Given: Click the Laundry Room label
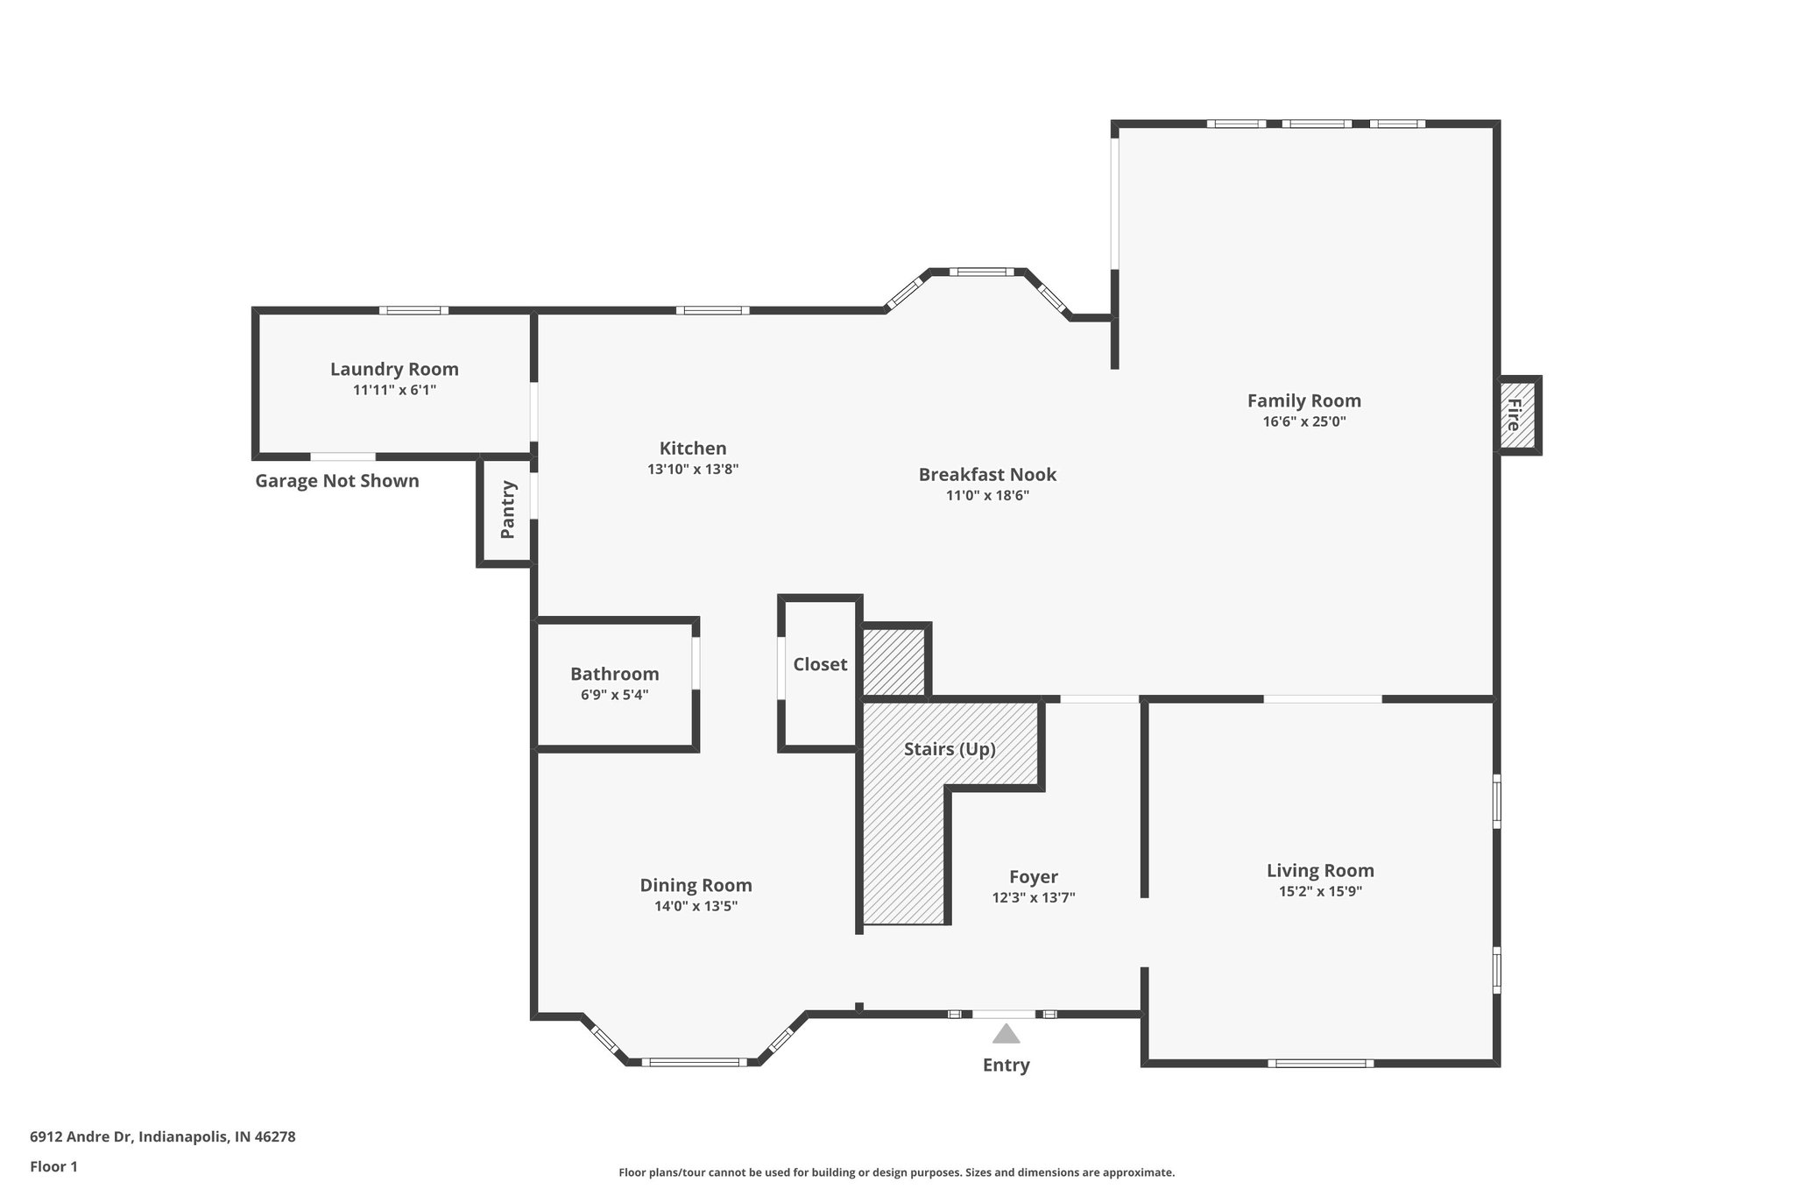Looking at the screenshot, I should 394,369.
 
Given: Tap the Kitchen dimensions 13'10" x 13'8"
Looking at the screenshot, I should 693,469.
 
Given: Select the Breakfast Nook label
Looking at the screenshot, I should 987,474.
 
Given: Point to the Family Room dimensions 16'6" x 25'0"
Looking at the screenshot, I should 1303,421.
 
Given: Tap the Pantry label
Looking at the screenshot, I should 507,510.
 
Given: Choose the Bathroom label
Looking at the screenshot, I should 614,674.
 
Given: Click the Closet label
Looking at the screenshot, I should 820,664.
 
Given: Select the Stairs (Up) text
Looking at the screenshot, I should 950,749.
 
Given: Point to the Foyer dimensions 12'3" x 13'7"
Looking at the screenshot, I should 1033,897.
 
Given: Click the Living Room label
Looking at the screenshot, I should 1320,870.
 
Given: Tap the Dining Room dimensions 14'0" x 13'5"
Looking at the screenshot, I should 696,906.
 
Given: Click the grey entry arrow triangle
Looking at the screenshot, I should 1006,1035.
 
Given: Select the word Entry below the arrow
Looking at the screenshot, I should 1006,1065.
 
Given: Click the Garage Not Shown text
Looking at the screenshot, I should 337,481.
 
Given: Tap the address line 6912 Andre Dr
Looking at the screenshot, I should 163,1137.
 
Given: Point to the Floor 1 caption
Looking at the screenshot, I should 53,1167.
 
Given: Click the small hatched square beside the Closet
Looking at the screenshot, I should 893,662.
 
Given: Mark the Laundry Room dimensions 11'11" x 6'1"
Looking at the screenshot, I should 394,390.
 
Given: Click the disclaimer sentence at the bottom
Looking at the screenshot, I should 896,1172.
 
